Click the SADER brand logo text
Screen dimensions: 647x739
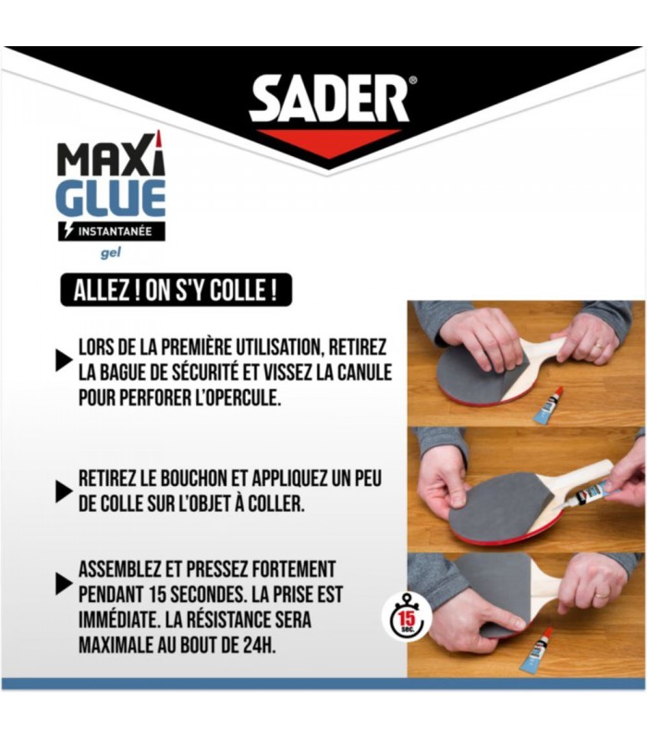click(x=329, y=100)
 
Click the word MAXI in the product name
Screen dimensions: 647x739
click(x=112, y=155)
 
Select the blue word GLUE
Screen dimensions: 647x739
click(x=111, y=199)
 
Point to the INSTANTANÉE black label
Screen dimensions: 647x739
click(x=112, y=232)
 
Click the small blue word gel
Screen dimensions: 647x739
click(x=111, y=252)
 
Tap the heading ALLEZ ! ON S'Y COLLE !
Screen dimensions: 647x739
click(x=176, y=290)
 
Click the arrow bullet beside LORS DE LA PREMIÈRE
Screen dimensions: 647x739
click(x=64, y=361)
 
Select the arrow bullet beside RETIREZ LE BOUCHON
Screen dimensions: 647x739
click(x=64, y=491)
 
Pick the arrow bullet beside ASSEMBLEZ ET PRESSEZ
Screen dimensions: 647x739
click(x=64, y=584)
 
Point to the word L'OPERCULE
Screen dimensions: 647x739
click(x=238, y=398)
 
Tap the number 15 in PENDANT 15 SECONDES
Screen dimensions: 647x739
click(x=156, y=595)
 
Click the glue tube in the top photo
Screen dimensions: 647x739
click(x=548, y=405)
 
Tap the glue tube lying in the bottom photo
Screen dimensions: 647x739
click(x=536, y=650)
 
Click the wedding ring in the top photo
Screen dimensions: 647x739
click(x=597, y=345)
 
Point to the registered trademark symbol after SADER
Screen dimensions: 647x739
click(x=413, y=80)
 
